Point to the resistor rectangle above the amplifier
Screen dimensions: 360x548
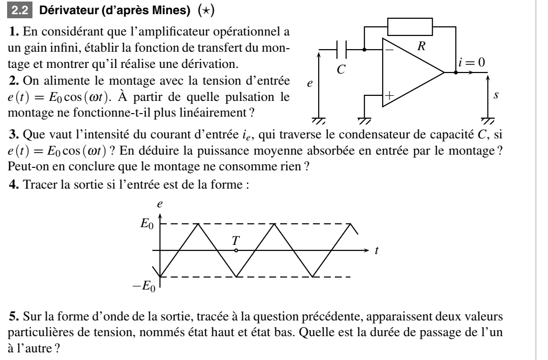click(x=410, y=24)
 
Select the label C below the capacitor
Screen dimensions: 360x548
click(x=342, y=69)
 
